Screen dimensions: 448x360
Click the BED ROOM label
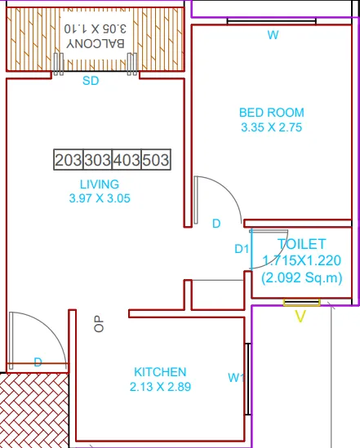point(271,113)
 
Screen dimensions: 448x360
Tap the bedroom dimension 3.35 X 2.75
point(271,127)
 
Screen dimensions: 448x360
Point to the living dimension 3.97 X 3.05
point(100,197)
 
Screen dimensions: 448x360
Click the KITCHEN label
point(159,372)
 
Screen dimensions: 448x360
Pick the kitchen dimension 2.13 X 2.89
point(159,387)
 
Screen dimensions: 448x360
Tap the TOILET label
point(301,244)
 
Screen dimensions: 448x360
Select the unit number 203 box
point(68,160)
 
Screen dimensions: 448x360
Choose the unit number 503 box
point(156,160)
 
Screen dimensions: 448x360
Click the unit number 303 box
point(97,160)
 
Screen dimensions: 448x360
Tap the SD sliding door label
point(91,82)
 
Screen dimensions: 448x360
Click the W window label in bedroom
point(273,35)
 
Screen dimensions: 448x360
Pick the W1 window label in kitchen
point(236,377)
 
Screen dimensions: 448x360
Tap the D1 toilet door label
point(241,249)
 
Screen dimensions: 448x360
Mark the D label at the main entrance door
point(38,362)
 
